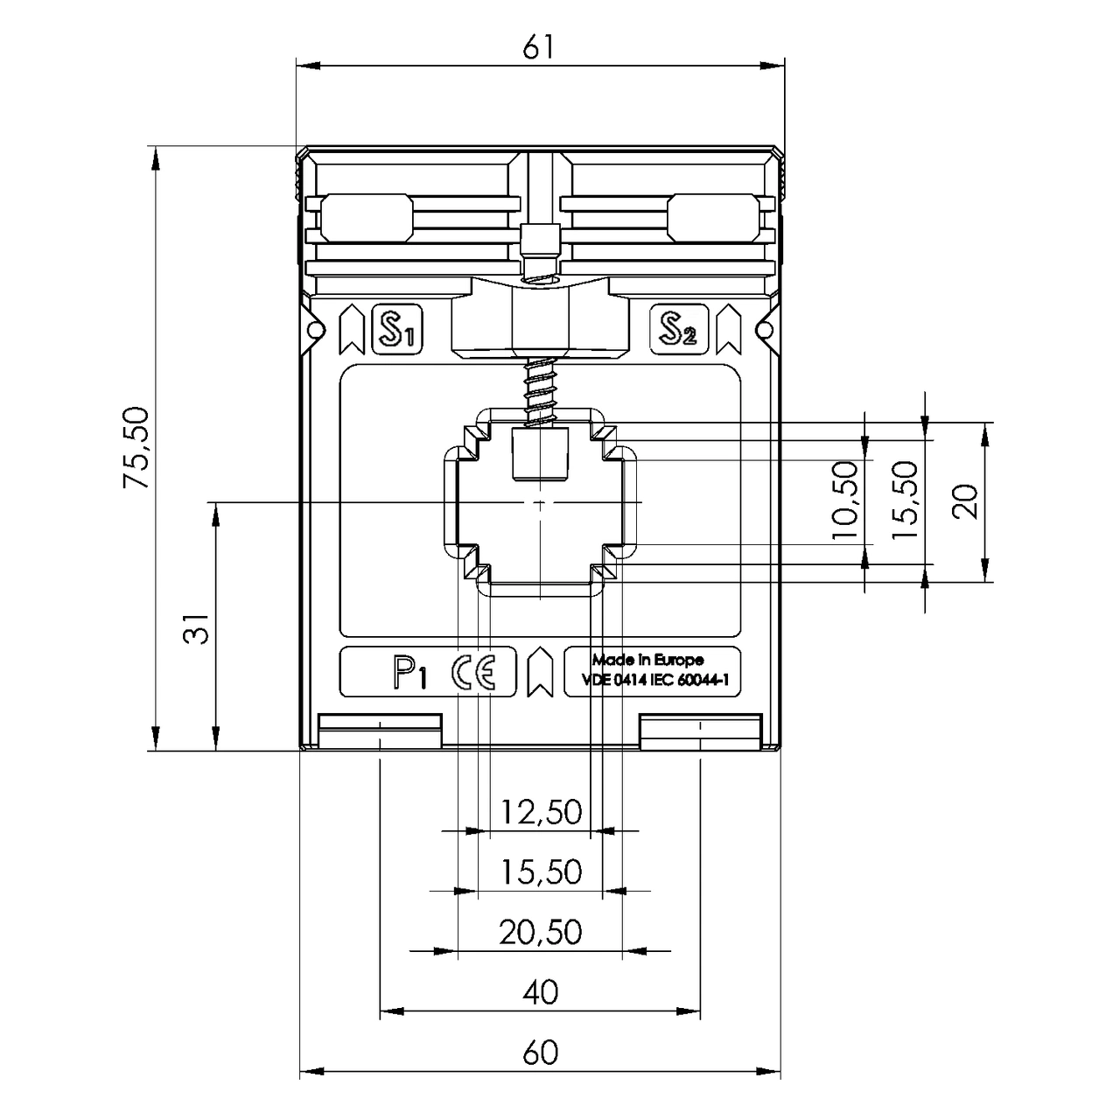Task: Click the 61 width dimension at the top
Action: (538, 47)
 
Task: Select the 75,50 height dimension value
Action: (136, 447)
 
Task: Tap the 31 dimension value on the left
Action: (197, 628)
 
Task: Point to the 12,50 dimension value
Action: (541, 812)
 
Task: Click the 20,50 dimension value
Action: (541, 932)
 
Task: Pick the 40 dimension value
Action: (541, 992)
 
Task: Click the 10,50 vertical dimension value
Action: (845, 500)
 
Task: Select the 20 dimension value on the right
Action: (965, 501)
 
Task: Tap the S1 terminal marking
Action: (397, 330)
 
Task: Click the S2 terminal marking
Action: (679, 330)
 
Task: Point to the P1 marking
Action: (410, 674)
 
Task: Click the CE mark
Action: (473, 673)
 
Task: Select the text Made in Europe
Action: (648, 661)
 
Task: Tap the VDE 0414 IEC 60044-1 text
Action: (655, 681)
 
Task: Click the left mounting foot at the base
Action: (380, 732)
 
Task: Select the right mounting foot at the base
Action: (700, 732)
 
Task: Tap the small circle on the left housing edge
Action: (316, 330)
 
